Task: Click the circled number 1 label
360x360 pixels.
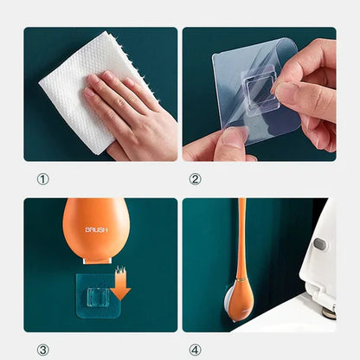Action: pos(43,179)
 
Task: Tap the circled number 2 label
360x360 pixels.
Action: pos(195,179)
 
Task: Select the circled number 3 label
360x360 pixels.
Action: pos(43,349)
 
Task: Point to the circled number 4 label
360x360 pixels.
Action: pos(195,349)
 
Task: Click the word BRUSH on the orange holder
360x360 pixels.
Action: pos(96,230)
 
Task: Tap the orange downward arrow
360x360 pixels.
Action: pos(120,285)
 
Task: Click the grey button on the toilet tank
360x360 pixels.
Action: pos(319,244)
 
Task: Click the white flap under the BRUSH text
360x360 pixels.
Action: pos(96,252)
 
